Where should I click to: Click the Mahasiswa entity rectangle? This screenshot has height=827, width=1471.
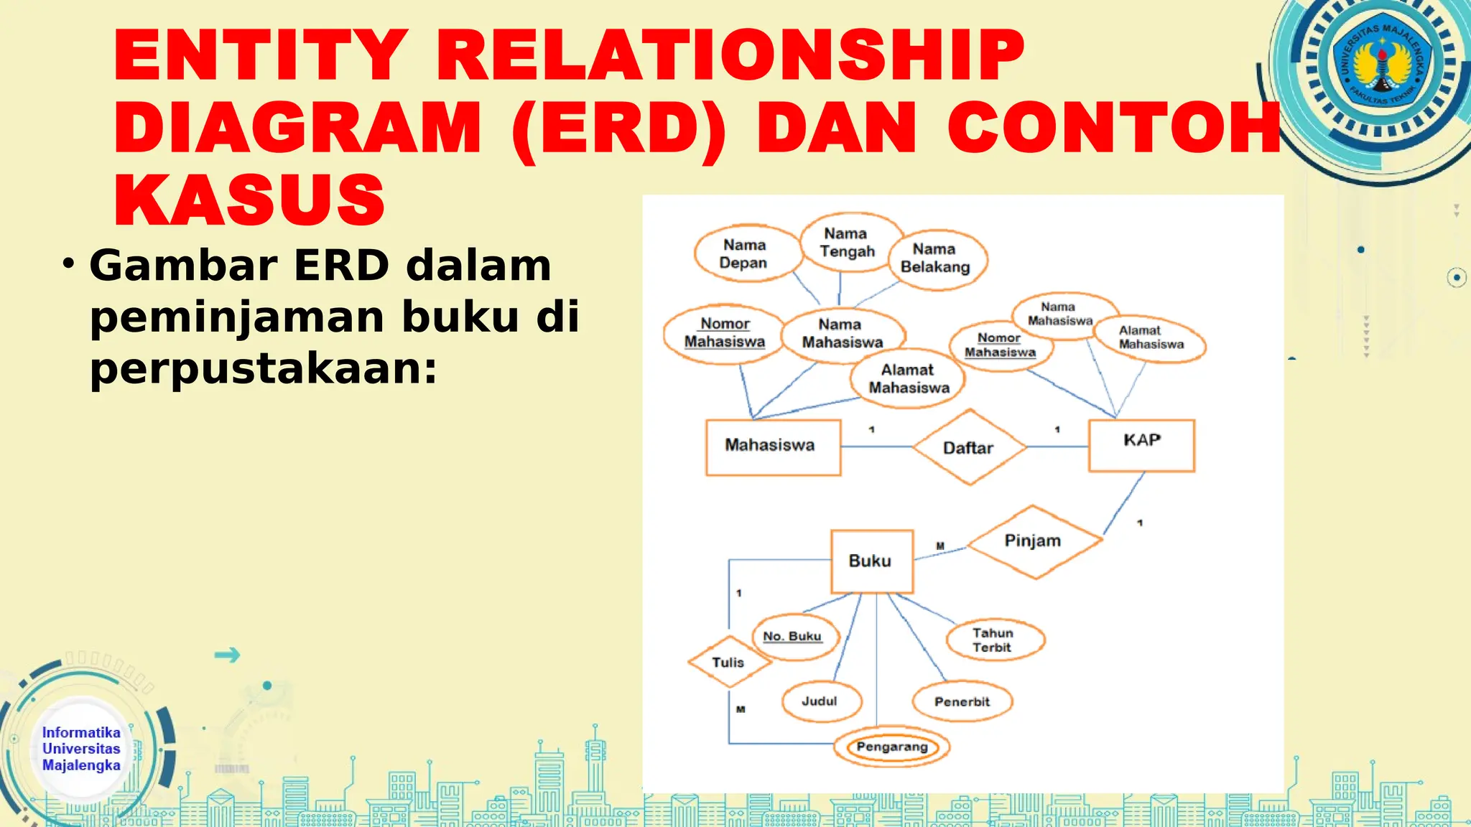point(773,447)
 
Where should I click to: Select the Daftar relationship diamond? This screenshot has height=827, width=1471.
point(969,447)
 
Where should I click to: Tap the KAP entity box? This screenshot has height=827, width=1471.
point(1141,445)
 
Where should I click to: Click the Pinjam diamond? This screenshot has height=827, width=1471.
point(1034,541)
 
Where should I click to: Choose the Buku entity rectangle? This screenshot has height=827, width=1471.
point(871,561)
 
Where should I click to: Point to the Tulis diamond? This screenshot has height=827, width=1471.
point(728,662)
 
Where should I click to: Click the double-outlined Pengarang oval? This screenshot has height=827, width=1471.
point(891,747)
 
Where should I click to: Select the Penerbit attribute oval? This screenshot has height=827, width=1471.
point(962,701)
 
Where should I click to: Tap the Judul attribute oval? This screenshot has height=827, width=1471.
point(820,701)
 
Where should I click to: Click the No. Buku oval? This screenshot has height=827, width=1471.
point(793,637)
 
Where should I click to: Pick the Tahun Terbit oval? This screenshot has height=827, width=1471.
point(994,640)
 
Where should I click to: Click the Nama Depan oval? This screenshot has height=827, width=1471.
point(745,253)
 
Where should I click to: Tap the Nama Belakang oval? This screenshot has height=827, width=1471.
point(936,258)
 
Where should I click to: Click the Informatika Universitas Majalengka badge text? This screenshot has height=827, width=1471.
point(81,749)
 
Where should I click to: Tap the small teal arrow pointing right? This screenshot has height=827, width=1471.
point(227,655)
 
